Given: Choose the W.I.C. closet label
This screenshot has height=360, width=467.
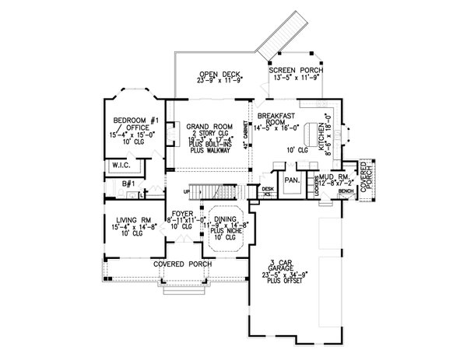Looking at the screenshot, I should tap(120, 165).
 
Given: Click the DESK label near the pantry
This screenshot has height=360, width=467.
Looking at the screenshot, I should tap(268, 188).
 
